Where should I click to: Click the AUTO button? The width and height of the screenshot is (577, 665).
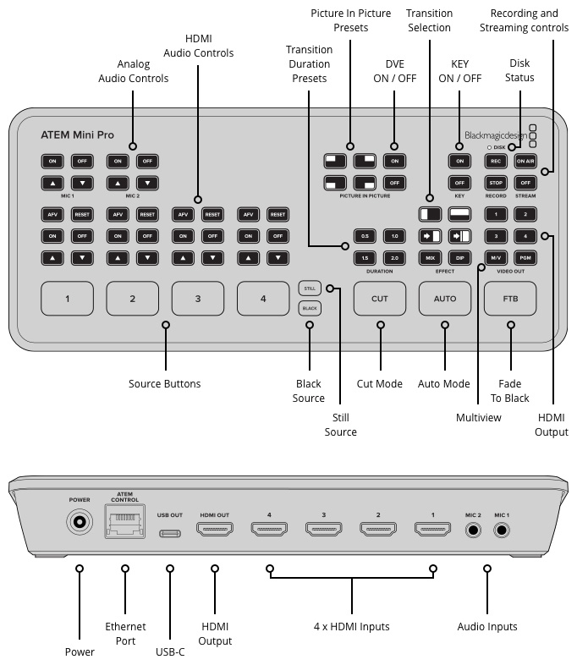pyautogui.click(x=444, y=299)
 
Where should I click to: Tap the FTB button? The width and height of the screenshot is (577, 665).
pyautogui.click(x=509, y=299)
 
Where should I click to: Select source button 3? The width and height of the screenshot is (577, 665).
pyautogui.click(x=197, y=299)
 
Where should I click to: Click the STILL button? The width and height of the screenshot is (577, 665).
pyautogui.click(x=309, y=289)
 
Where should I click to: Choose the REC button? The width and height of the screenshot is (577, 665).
pyautogui.click(x=497, y=161)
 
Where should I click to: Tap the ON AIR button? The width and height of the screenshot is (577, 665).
pyautogui.click(x=525, y=161)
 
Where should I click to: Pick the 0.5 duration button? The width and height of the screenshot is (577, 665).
pyautogui.click(x=365, y=236)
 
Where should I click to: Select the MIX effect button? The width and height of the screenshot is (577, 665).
pyautogui.click(x=430, y=257)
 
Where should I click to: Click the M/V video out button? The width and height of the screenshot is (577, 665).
pyautogui.click(x=497, y=257)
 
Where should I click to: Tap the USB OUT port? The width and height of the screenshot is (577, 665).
pyautogui.click(x=170, y=532)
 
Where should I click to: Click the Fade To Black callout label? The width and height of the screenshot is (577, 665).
pyautogui.click(x=510, y=391)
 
